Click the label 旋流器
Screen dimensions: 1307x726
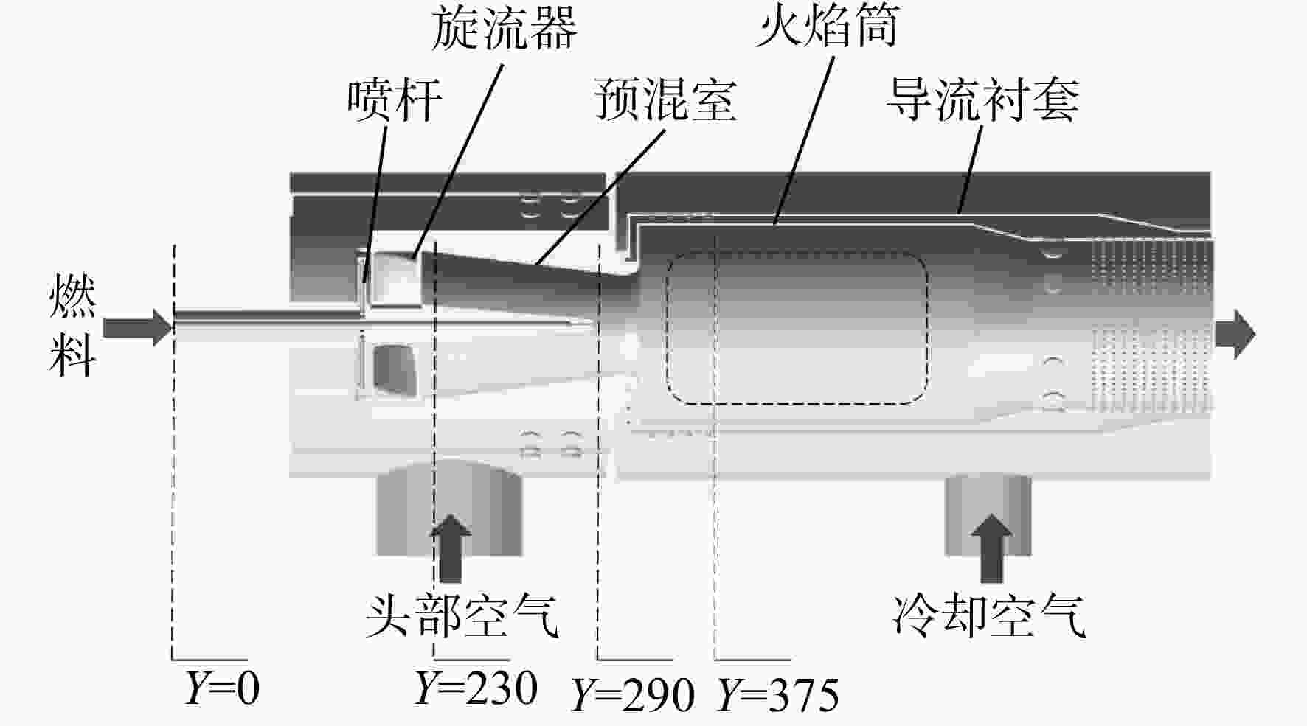click(505, 29)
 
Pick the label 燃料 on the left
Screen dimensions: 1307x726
click(72, 326)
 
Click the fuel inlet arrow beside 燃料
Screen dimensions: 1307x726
click(137, 327)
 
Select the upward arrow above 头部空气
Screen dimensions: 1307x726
click(450, 548)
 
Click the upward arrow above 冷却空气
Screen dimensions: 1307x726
click(991, 548)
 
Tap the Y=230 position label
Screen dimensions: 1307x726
click(475, 688)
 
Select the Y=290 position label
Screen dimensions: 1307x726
click(633, 694)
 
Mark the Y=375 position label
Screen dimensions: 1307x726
click(779, 694)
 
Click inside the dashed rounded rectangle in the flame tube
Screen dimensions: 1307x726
click(797, 327)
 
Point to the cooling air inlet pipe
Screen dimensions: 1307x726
click(988, 516)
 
